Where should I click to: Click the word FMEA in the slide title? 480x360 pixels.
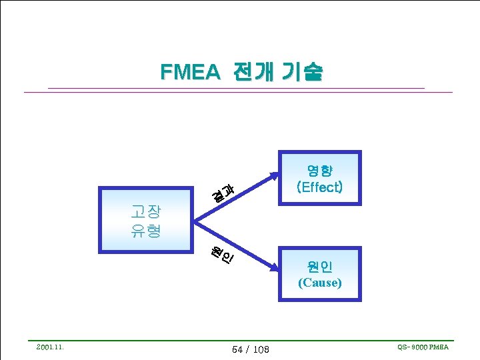click(x=189, y=72)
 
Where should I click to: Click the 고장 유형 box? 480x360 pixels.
click(x=146, y=221)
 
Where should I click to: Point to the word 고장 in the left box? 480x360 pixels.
click(x=146, y=212)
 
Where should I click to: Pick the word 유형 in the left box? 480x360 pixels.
click(x=146, y=231)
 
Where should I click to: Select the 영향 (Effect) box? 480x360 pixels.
click(x=319, y=178)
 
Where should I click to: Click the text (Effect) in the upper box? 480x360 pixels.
click(x=319, y=187)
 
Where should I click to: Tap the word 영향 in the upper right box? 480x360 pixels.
click(x=319, y=170)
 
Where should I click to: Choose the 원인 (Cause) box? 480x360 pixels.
click(x=319, y=274)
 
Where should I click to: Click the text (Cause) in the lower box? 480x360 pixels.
click(x=319, y=283)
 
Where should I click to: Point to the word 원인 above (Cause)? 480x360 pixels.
click(x=319, y=267)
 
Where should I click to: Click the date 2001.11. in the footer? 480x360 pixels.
click(x=50, y=347)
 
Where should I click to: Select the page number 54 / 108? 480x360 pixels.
click(x=250, y=349)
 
